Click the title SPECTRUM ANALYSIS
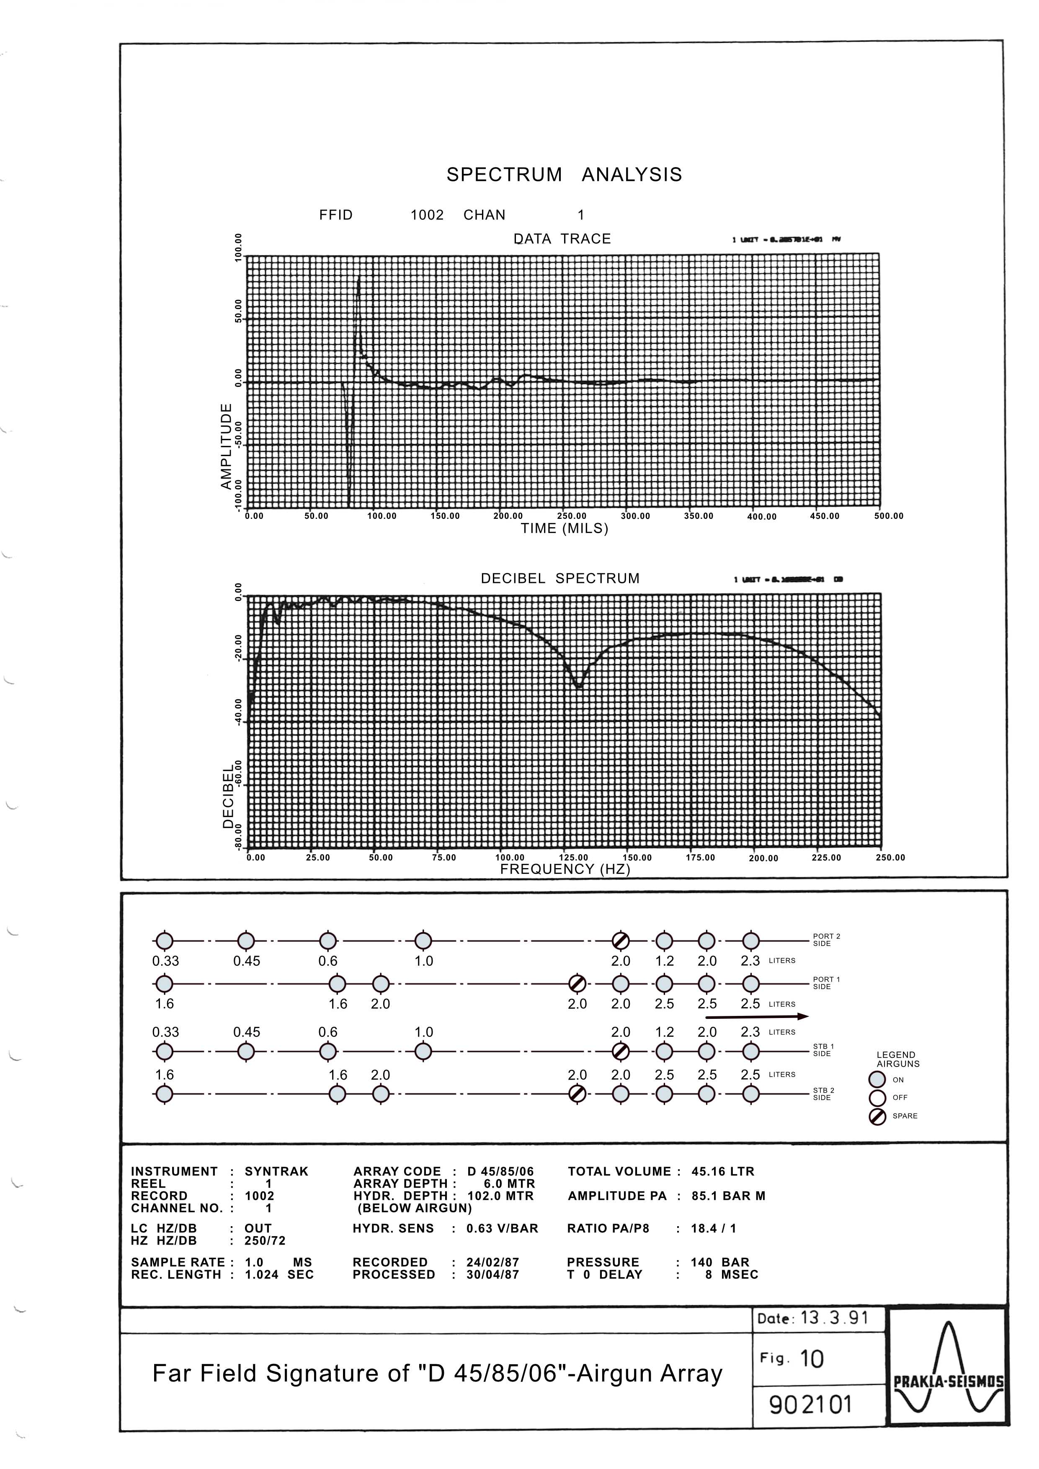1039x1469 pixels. pyautogui.click(x=564, y=175)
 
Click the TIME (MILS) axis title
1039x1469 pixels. pyautogui.click(x=564, y=528)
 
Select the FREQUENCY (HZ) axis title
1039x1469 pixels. pyautogui.click(x=565, y=869)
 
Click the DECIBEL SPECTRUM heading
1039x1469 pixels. pyautogui.click(x=560, y=578)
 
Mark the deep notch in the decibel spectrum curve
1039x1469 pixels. pyautogui.click(x=578, y=686)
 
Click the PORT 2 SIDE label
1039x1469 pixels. pyautogui.click(x=827, y=940)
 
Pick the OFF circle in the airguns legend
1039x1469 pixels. pyautogui.click(x=877, y=1098)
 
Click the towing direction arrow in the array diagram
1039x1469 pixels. pyautogui.click(x=757, y=1016)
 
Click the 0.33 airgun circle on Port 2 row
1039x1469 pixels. pyautogui.click(x=165, y=941)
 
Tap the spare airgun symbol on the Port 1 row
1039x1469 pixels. pyautogui.click(x=577, y=983)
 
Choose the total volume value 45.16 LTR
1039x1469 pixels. pyautogui.click(x=722, y=1172)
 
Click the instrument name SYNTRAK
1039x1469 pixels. pyautogui.click(x=276, y=1172)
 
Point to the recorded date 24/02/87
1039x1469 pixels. pyautogui.click(x=492, y=1262)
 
